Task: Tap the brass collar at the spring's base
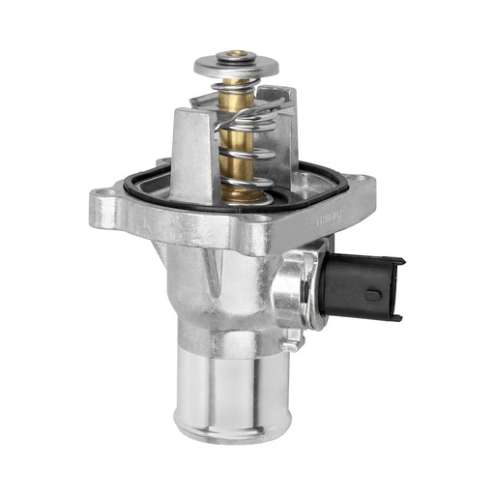pyautogui.click(x=243, y=193)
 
